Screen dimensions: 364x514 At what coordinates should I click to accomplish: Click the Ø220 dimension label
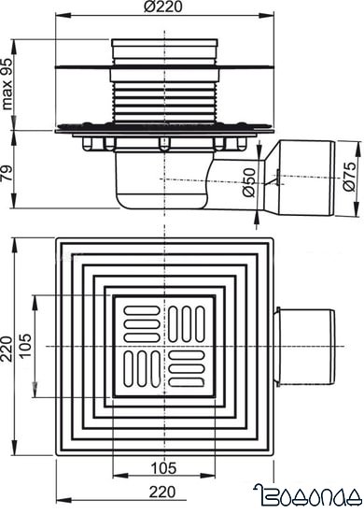163,8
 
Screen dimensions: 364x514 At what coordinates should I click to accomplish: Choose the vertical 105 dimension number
25,345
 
